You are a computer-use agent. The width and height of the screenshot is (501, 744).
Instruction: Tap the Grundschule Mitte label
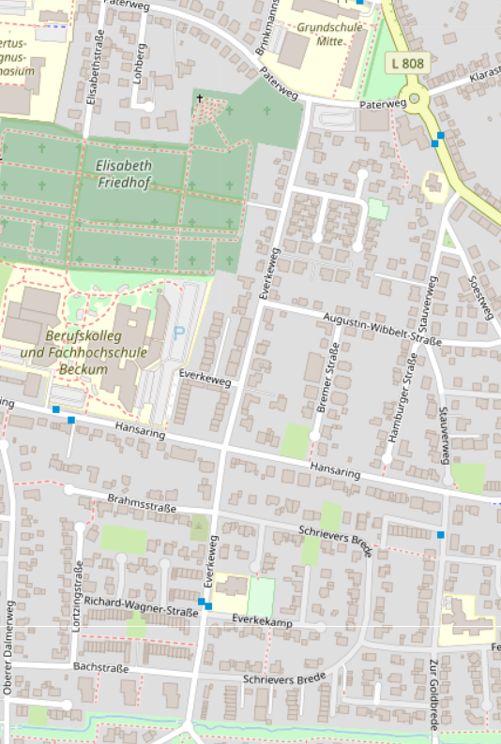pyautogui.click(x=328, y=35)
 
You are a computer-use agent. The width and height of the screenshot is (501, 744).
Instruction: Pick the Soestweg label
pyautogui.click(x=479, y=298)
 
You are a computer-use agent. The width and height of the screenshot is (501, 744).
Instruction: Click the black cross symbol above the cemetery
pyautogui.click(x=199, y=97)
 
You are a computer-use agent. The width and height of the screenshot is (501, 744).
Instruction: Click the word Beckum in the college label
pyautogui.click(x=80, y=368)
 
